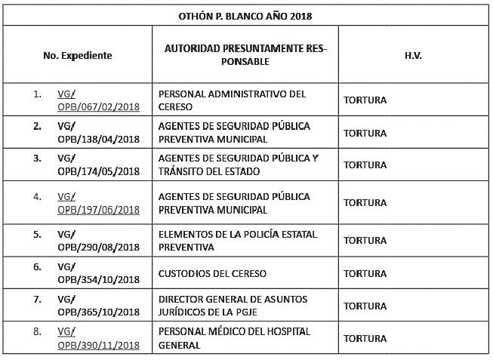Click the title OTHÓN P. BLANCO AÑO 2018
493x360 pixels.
pos(246,14)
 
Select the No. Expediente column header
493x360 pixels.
pos(78,55)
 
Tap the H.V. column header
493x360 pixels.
pos(412,55)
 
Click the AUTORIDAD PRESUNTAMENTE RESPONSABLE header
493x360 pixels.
pos(245,55)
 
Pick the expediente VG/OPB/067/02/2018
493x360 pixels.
pos(98,100)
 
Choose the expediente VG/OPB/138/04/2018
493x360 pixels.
pos(98,133)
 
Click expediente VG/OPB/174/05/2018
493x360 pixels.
pos(98,165)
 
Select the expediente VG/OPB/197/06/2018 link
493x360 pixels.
pos(98,203)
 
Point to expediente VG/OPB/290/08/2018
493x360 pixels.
pos(98,241)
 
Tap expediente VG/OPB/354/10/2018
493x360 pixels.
pos(98,273)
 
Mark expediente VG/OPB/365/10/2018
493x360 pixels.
pos(98,306)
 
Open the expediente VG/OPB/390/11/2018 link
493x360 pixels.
pos(98,338)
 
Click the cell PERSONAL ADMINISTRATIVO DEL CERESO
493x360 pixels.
pos(232,100)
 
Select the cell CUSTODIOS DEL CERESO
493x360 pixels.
pos(212,273)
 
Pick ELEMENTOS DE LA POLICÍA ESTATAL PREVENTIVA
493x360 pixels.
pos(238,241)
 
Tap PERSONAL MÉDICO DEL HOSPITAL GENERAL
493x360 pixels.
pos(234,338)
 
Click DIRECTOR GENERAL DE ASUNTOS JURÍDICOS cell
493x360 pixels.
pos(233,306)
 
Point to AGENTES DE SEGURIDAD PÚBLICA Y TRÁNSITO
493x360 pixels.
pos(239,165)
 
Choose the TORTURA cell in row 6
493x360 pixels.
pos(365,273)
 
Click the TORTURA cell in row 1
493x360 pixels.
pos(365,100)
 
